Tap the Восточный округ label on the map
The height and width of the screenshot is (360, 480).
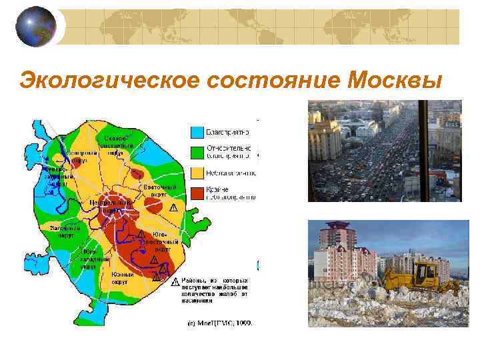(161, 191)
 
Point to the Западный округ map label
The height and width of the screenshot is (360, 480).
(65, 231)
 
